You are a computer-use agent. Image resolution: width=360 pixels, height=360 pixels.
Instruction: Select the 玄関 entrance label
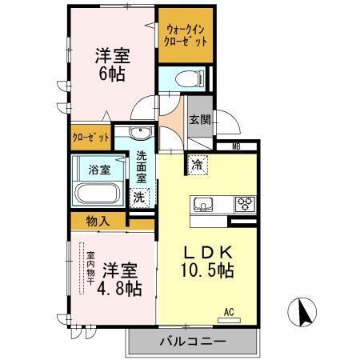[x=200, y=121]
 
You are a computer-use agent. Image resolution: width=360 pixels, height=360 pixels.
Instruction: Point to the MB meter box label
[x=237, y=146]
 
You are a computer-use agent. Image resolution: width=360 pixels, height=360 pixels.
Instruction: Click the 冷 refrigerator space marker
[x=197, y=165]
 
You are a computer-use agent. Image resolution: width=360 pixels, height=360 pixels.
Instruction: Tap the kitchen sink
[x=203, y=205]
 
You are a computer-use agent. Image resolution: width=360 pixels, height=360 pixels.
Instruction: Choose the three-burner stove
[x=244, y=204]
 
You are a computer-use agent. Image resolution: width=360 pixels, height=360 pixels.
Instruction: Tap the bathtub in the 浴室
[x=98, y=194]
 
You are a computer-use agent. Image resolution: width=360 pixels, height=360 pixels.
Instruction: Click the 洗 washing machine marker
[x=139, y=195]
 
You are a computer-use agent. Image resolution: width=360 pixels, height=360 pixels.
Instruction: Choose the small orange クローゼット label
[x=89, y=137]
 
